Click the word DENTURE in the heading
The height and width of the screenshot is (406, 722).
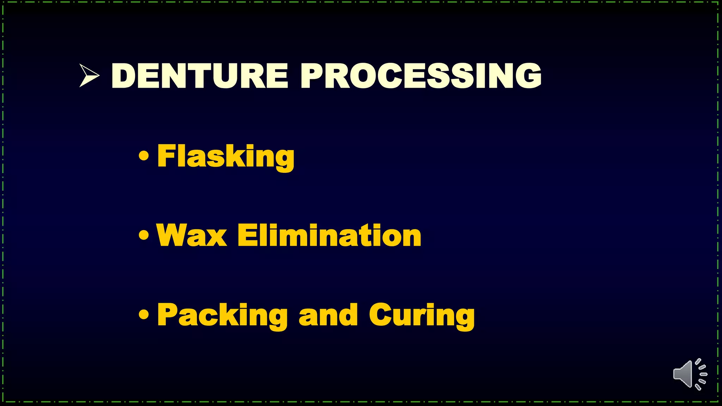pos(200,76)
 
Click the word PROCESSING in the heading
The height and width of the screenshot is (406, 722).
pos(421,76)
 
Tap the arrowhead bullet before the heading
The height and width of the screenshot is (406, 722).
pos(88,75)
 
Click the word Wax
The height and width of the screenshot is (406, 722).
pos(191,235)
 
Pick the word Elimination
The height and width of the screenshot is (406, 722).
pos(329,235)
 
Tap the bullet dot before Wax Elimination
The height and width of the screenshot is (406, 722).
pos(143,235)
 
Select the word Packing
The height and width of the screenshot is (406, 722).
pos(222,315)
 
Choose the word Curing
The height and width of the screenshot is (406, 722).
pos(422,315)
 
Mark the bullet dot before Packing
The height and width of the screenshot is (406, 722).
pos(143,314)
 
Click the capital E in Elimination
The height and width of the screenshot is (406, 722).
pos(246,235)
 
